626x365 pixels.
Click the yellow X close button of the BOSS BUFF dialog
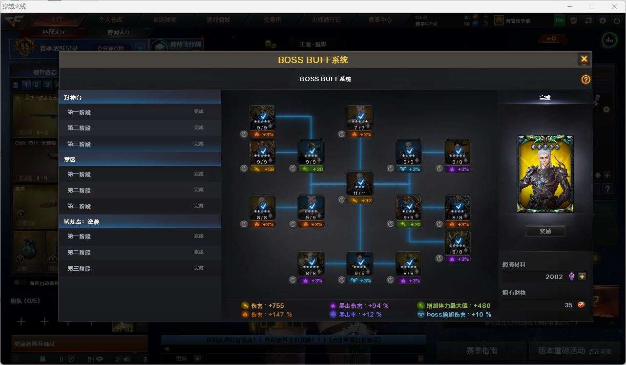(584, 60)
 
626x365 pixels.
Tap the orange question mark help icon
(585, 79)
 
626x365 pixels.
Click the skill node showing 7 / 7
(360, 118)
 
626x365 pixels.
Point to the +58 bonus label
(262, 169)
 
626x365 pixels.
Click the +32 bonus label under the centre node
(360, 200)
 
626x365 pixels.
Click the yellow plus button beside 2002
(582, 277)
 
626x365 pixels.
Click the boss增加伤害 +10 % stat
(454, 315)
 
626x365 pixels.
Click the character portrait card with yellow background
(545, 174)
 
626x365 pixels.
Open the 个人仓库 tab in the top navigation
(111, 20)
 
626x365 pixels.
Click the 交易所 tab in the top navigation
(272, 20)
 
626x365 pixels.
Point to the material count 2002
(554, 277)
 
